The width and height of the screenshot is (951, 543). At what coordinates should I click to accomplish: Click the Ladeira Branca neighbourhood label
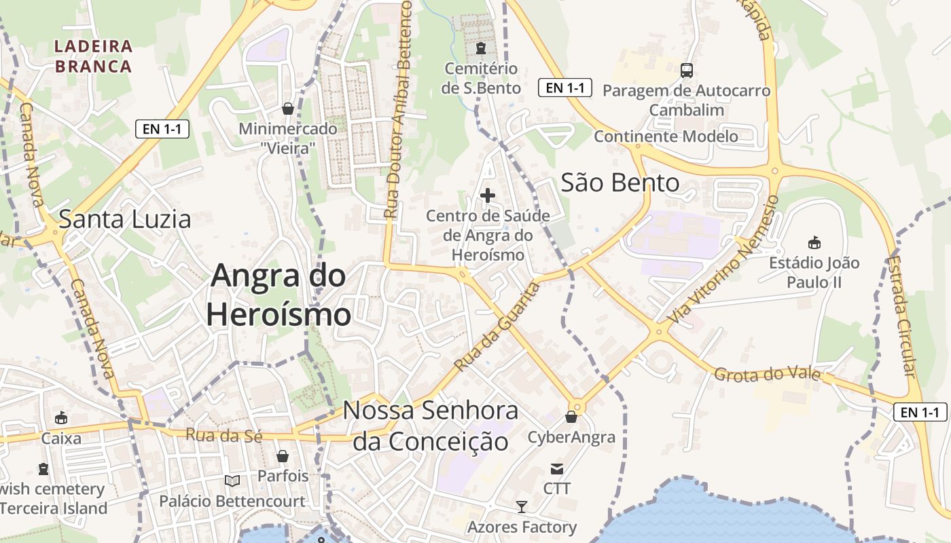[93, 56]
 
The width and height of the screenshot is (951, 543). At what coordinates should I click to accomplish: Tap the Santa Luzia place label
[124, 220]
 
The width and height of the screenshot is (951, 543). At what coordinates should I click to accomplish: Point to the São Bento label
[620, 183]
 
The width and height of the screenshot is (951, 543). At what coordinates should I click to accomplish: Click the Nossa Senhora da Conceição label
[431, 426]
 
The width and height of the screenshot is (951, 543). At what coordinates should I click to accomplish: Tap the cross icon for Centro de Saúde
[488, 196]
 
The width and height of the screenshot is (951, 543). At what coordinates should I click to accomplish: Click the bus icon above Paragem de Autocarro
[687, 70]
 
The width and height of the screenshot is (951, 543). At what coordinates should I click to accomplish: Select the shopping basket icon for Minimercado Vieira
[288, 108]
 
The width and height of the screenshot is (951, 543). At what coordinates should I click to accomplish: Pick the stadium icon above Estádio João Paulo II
[814, 242]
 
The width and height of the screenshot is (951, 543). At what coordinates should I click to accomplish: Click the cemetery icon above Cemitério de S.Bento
[481, 48]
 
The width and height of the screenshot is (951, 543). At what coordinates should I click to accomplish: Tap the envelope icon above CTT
[557, 468]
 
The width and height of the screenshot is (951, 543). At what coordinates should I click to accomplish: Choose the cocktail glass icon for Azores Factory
[521, 506]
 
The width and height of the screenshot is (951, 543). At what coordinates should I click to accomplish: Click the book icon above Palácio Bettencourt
[232, 481]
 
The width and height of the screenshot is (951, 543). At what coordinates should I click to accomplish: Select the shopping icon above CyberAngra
[571, 417]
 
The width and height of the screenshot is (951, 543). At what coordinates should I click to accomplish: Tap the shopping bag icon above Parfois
[283, 456]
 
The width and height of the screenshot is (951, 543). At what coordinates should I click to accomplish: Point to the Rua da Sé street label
[223, 436]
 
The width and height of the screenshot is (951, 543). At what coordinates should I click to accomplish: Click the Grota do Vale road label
[767, 375]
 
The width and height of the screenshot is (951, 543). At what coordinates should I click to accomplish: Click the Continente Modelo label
[666, 136]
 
